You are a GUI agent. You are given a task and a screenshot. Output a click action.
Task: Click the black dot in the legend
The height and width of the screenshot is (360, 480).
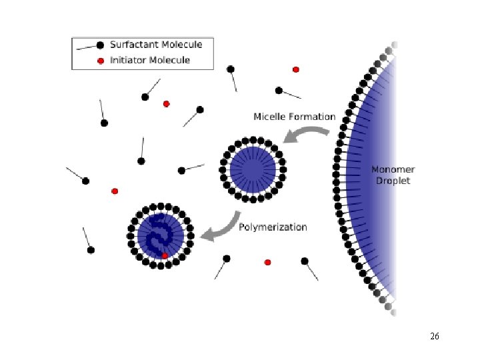click(x=99, y=45)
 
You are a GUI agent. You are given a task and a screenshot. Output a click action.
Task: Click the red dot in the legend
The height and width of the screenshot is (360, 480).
click(x=100, y=61)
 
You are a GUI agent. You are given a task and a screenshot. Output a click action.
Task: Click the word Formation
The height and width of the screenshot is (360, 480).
click(x=312, y=117)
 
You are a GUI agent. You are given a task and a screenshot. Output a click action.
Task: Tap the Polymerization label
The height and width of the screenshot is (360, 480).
click(x=273, y=227)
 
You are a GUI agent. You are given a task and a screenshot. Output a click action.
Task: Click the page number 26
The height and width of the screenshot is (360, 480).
click(x=434, y=337)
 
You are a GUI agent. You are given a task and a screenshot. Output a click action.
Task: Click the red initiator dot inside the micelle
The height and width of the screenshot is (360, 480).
click(x=165, y=255)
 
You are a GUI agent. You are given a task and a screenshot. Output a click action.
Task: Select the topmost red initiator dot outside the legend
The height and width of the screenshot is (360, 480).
click(x=296, y=69)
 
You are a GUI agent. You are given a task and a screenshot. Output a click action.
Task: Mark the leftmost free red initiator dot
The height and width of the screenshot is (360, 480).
click(x=115, y=191)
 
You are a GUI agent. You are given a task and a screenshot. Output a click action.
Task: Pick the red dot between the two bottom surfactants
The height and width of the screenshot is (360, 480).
click(x=267, y=262)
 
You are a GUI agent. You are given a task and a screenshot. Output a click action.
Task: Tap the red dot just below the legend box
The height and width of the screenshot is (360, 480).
click(x=167, y=103)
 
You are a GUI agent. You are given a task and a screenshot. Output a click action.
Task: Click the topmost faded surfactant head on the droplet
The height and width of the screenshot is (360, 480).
click(x=393, y=46)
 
